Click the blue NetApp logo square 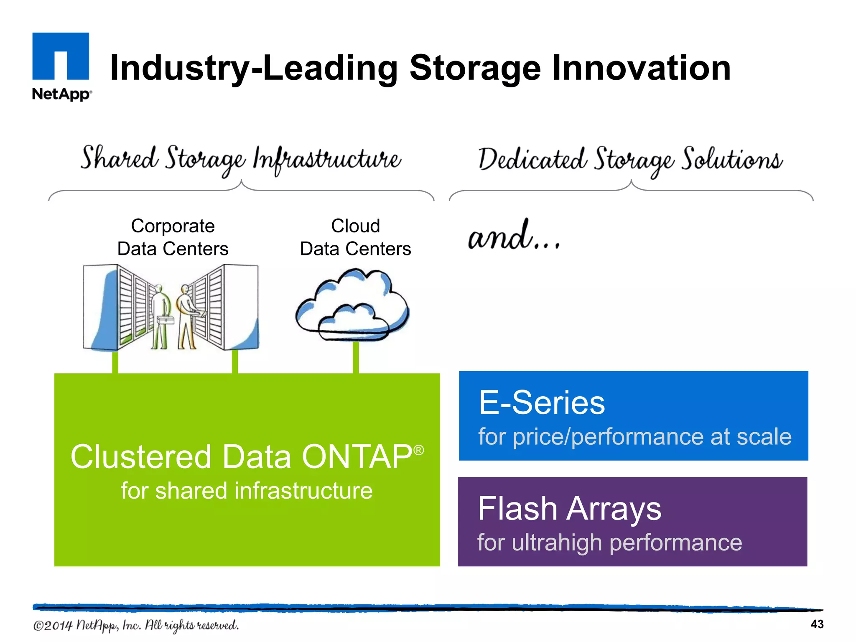[x=61, y=56]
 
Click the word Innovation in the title [x=641, y=68]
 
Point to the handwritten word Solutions [x=732, y=160]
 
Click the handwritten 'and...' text [x=514, y=237]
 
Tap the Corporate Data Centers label [x=173, y=237]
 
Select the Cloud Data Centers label [x=355, y=237]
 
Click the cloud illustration [x=352, y=305]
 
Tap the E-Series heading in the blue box [x=542, y=403]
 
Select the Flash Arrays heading [x=569, y=509]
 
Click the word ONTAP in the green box [x=357, y=457]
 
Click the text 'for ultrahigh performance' [x=609, y=543]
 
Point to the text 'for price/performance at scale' [x=634, y=437]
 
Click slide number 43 [x=817, y=624]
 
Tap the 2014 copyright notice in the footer [x=136, y=625]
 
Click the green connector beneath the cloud [x=356, y=357]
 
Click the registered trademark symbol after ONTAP [x=419, y=450]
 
